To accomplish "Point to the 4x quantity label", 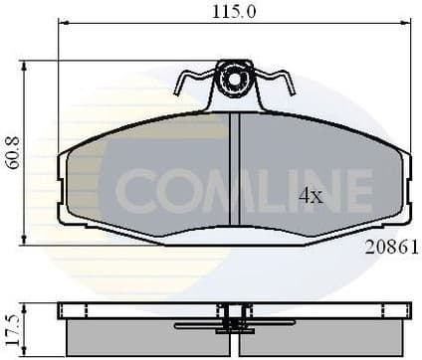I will (312, 196).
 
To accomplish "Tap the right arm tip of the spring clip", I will (292, 85).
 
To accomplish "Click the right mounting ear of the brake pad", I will (403, 189).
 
